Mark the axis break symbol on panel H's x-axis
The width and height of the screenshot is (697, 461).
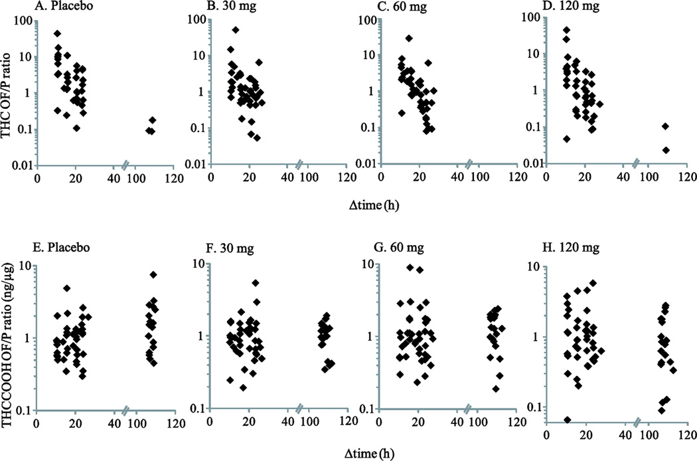click(637, 421)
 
